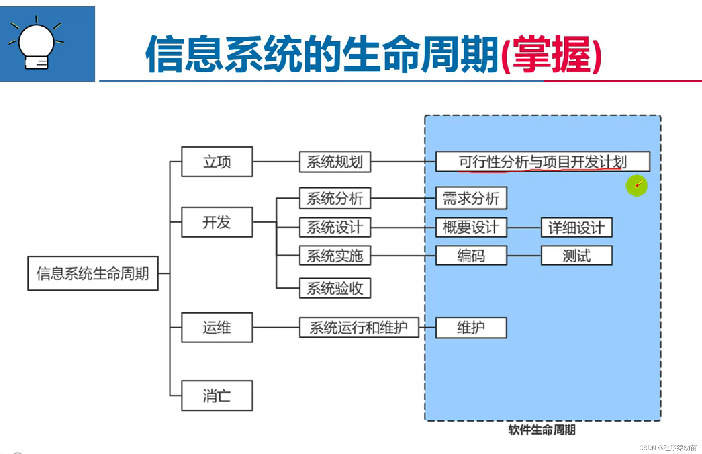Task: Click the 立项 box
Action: tap(217, 162)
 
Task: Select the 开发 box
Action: tap(217, 222)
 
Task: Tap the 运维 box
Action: tap(217, 327)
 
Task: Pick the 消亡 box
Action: tap(217, 396)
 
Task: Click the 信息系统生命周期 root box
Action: tap(93, 273)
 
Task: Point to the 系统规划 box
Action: tap(335, 162)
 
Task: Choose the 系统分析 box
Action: tap(335, 198)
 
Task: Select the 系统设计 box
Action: tap(335, 227)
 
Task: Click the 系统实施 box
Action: tap(335, 256)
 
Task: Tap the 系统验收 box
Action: tap(335, 288)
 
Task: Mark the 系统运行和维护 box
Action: tap(359, 327)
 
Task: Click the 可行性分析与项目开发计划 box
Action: tap(543, 162)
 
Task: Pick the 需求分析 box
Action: tap(471, 198)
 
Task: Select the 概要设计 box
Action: tap(471, 227)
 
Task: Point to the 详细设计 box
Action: tap(576, 228)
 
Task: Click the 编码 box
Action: tap(471, 256)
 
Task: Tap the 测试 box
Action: tap(576, 256)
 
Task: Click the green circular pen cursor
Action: tap(637, 185)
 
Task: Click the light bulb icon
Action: tap(37, 44)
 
